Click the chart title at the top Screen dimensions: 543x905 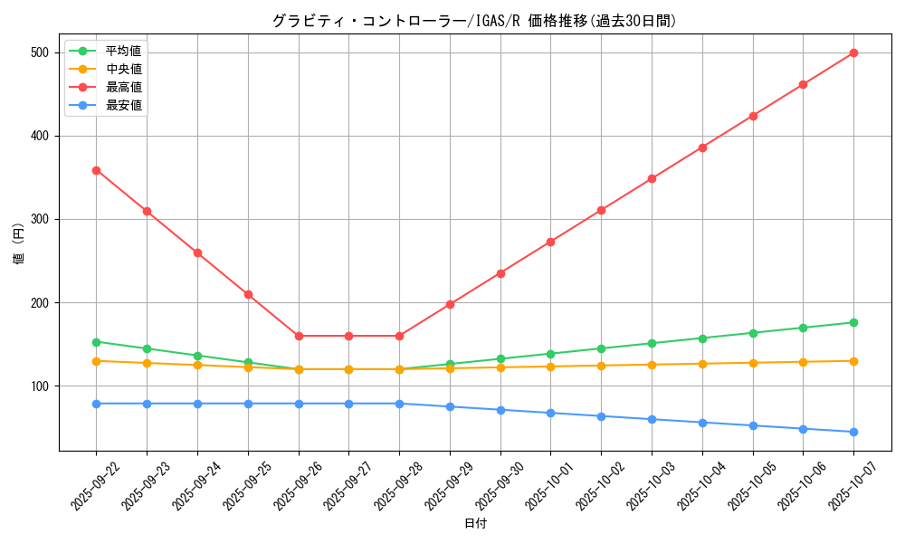(x=474, y=21)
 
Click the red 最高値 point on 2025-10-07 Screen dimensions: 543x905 (x=853, y=52)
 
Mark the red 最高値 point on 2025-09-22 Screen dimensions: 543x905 (x=96, y=170)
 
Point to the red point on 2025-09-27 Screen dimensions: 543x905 (x=348, y=336)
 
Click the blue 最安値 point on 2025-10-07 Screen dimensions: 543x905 (x=853, y=432)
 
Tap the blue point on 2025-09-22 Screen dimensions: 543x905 (x=96, y=404)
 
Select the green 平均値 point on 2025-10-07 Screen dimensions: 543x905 (x=853, y=322)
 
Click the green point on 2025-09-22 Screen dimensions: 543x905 (x=96, y=342)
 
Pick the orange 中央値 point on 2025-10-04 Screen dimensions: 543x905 (x=702, y=364)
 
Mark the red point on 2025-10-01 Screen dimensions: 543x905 (x=550, y=242)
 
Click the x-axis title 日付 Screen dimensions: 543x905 (x=474, y=524)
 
